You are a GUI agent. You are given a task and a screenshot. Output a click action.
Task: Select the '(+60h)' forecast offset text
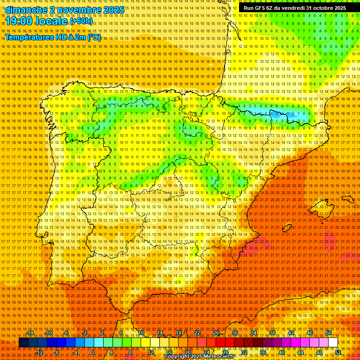(x=82, y=22)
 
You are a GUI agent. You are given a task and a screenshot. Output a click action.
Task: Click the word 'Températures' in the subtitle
(x=29, y=37)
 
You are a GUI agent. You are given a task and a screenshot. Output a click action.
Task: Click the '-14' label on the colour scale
(x=30, y=333)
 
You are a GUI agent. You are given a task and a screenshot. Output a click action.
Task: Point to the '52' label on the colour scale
(x=337, y=352)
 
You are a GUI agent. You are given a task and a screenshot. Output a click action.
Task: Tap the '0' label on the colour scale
(x=93, y=352)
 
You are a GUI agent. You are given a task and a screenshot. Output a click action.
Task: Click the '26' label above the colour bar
(x=216, y=333)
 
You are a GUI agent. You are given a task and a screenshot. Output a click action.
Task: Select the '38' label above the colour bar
(x=272, y=333)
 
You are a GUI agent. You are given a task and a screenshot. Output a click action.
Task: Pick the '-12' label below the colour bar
(x=39, y=352)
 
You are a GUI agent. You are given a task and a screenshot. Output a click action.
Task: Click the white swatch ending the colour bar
(x=333, y=343)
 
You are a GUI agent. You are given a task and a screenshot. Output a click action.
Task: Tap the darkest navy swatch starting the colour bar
(x=23, y=343)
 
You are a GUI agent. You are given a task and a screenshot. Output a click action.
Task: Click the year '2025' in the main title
(x=114, y=10)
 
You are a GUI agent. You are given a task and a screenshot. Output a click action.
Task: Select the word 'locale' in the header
(x=52, y=22)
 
